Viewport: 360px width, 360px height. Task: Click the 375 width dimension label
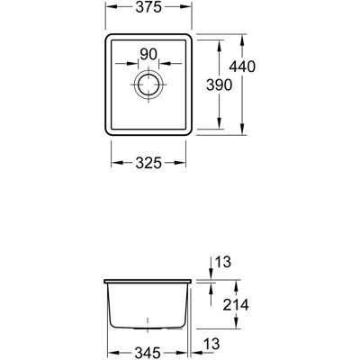[x=148, y=8]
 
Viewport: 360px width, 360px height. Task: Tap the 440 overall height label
[x=242, y=67]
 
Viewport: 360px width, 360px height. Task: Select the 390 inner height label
[x=220, y=85]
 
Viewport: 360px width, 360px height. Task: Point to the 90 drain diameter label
[x=148, y=54]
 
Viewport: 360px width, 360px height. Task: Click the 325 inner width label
[x=148, y=163]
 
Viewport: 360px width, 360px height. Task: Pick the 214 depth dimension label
[x=236, y=305]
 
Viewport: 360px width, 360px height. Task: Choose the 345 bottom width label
[x=147, y=353]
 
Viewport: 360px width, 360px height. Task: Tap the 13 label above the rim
[x=223, y=262]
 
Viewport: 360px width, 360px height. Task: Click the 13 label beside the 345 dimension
[x=211, y=344]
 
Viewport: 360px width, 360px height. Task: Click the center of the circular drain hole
[x=148, y=85]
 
